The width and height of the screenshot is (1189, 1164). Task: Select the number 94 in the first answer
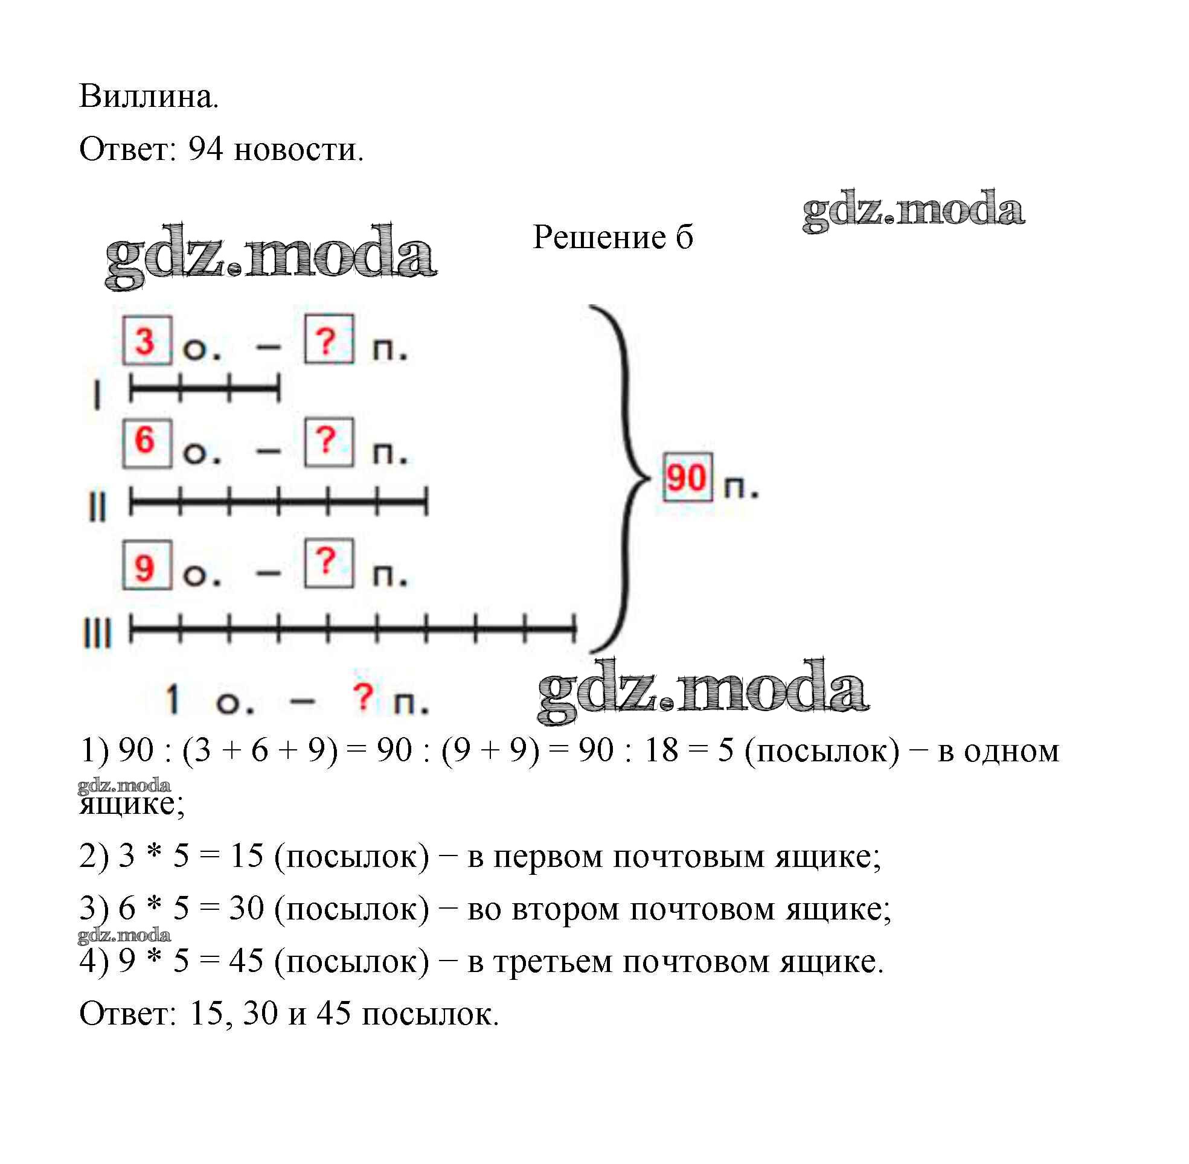205,149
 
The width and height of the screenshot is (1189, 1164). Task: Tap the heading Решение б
612,237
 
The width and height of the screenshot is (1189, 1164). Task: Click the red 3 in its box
146,341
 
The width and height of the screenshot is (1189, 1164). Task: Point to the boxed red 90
687,478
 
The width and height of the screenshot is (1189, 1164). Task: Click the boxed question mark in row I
328,340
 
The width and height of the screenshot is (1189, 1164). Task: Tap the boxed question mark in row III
328,563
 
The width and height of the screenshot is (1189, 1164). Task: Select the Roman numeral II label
97,507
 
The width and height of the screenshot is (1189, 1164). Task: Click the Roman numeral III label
97,633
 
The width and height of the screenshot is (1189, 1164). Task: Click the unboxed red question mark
363,697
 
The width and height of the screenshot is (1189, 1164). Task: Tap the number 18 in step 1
661,750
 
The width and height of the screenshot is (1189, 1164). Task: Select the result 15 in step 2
246,856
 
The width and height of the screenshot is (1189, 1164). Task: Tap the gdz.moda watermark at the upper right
913,210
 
